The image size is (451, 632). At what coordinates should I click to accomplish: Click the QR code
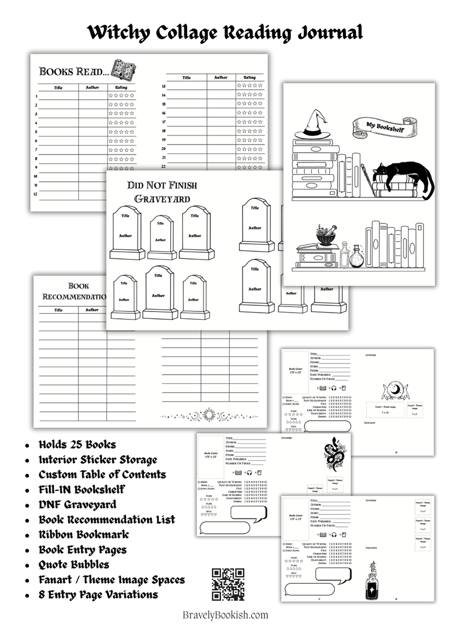coord(228,584)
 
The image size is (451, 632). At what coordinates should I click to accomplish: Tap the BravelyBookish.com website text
coord(225,615)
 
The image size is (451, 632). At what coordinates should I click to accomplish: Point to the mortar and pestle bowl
coord(326,234)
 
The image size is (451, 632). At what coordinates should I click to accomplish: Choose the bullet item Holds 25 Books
coord(77,444)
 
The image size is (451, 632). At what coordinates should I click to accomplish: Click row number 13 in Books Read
coord(163,86)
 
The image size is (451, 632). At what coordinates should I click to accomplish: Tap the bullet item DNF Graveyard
coord(77,504)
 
